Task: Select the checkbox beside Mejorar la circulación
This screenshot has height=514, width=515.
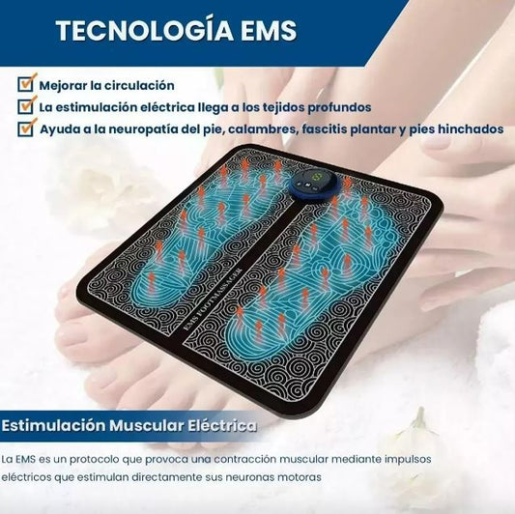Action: coord(26,84)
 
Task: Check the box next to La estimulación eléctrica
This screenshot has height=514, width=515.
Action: coord(26,105)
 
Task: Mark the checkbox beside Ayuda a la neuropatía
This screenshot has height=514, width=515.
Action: coord(26,128)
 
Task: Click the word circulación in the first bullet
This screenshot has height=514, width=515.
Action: coord(139,86)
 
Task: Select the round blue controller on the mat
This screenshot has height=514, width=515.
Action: coord(313,186)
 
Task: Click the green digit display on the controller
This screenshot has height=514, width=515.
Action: coord(317,178)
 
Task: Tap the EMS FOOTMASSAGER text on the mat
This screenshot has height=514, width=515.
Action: coord(213,299)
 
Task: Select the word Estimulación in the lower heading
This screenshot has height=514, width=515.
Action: coord(54,426)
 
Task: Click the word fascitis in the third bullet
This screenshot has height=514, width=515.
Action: coord(324,129)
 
